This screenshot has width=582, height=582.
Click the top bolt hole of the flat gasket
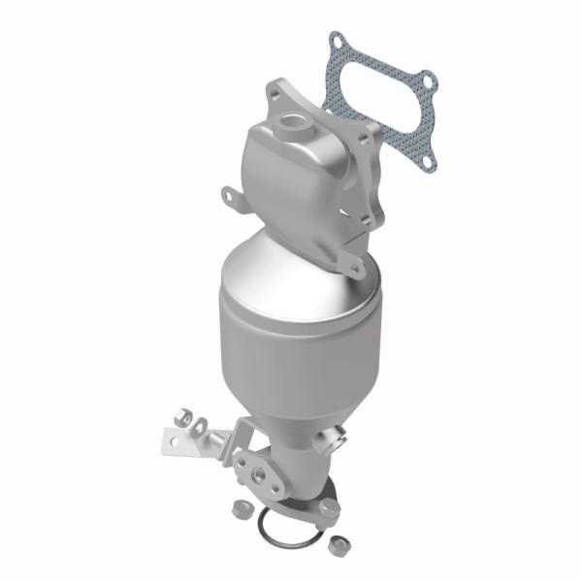tap(339, 42)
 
